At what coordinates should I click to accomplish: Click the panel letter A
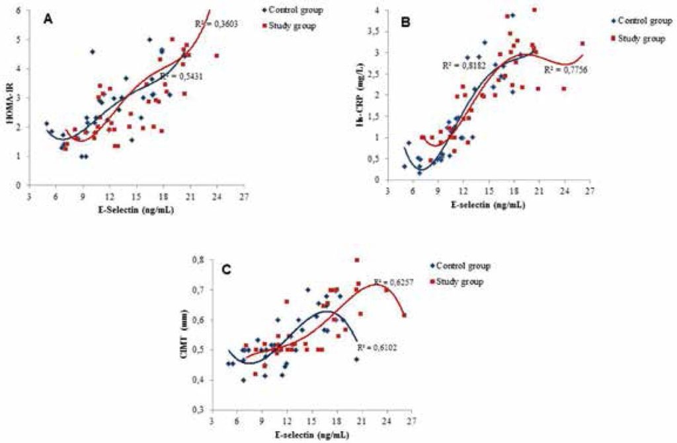48,20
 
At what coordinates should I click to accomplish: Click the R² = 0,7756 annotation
561,69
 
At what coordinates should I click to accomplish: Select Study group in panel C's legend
460,281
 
